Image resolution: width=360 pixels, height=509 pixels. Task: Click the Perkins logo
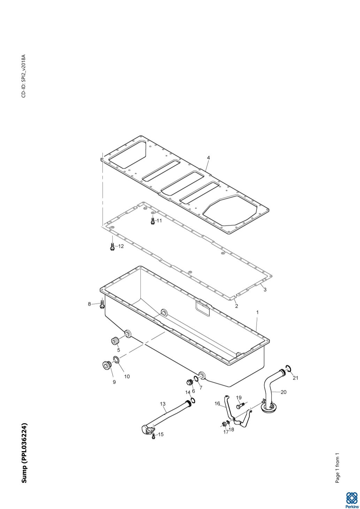click(351, 499)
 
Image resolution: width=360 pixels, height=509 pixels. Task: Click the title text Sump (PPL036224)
click(24, 453)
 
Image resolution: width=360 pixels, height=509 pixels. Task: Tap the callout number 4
click(208, 158)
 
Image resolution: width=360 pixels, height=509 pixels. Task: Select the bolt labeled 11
click(152, 221)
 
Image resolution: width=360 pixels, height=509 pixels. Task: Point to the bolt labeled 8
click(101, 304)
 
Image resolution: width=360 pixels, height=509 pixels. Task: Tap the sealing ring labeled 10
click(117, 359)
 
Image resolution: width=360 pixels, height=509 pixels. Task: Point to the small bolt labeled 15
click(153, 436)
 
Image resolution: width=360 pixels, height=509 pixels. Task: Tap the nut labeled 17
click(224, 424)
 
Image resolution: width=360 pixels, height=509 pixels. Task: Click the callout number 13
click(163, 404)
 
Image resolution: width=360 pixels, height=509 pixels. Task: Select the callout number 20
click(283, 392)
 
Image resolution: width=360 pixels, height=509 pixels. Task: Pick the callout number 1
click(257, 313)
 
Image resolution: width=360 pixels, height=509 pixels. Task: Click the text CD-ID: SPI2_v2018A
click(23, 76)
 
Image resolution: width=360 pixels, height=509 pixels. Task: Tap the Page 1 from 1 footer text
click(337, 468)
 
